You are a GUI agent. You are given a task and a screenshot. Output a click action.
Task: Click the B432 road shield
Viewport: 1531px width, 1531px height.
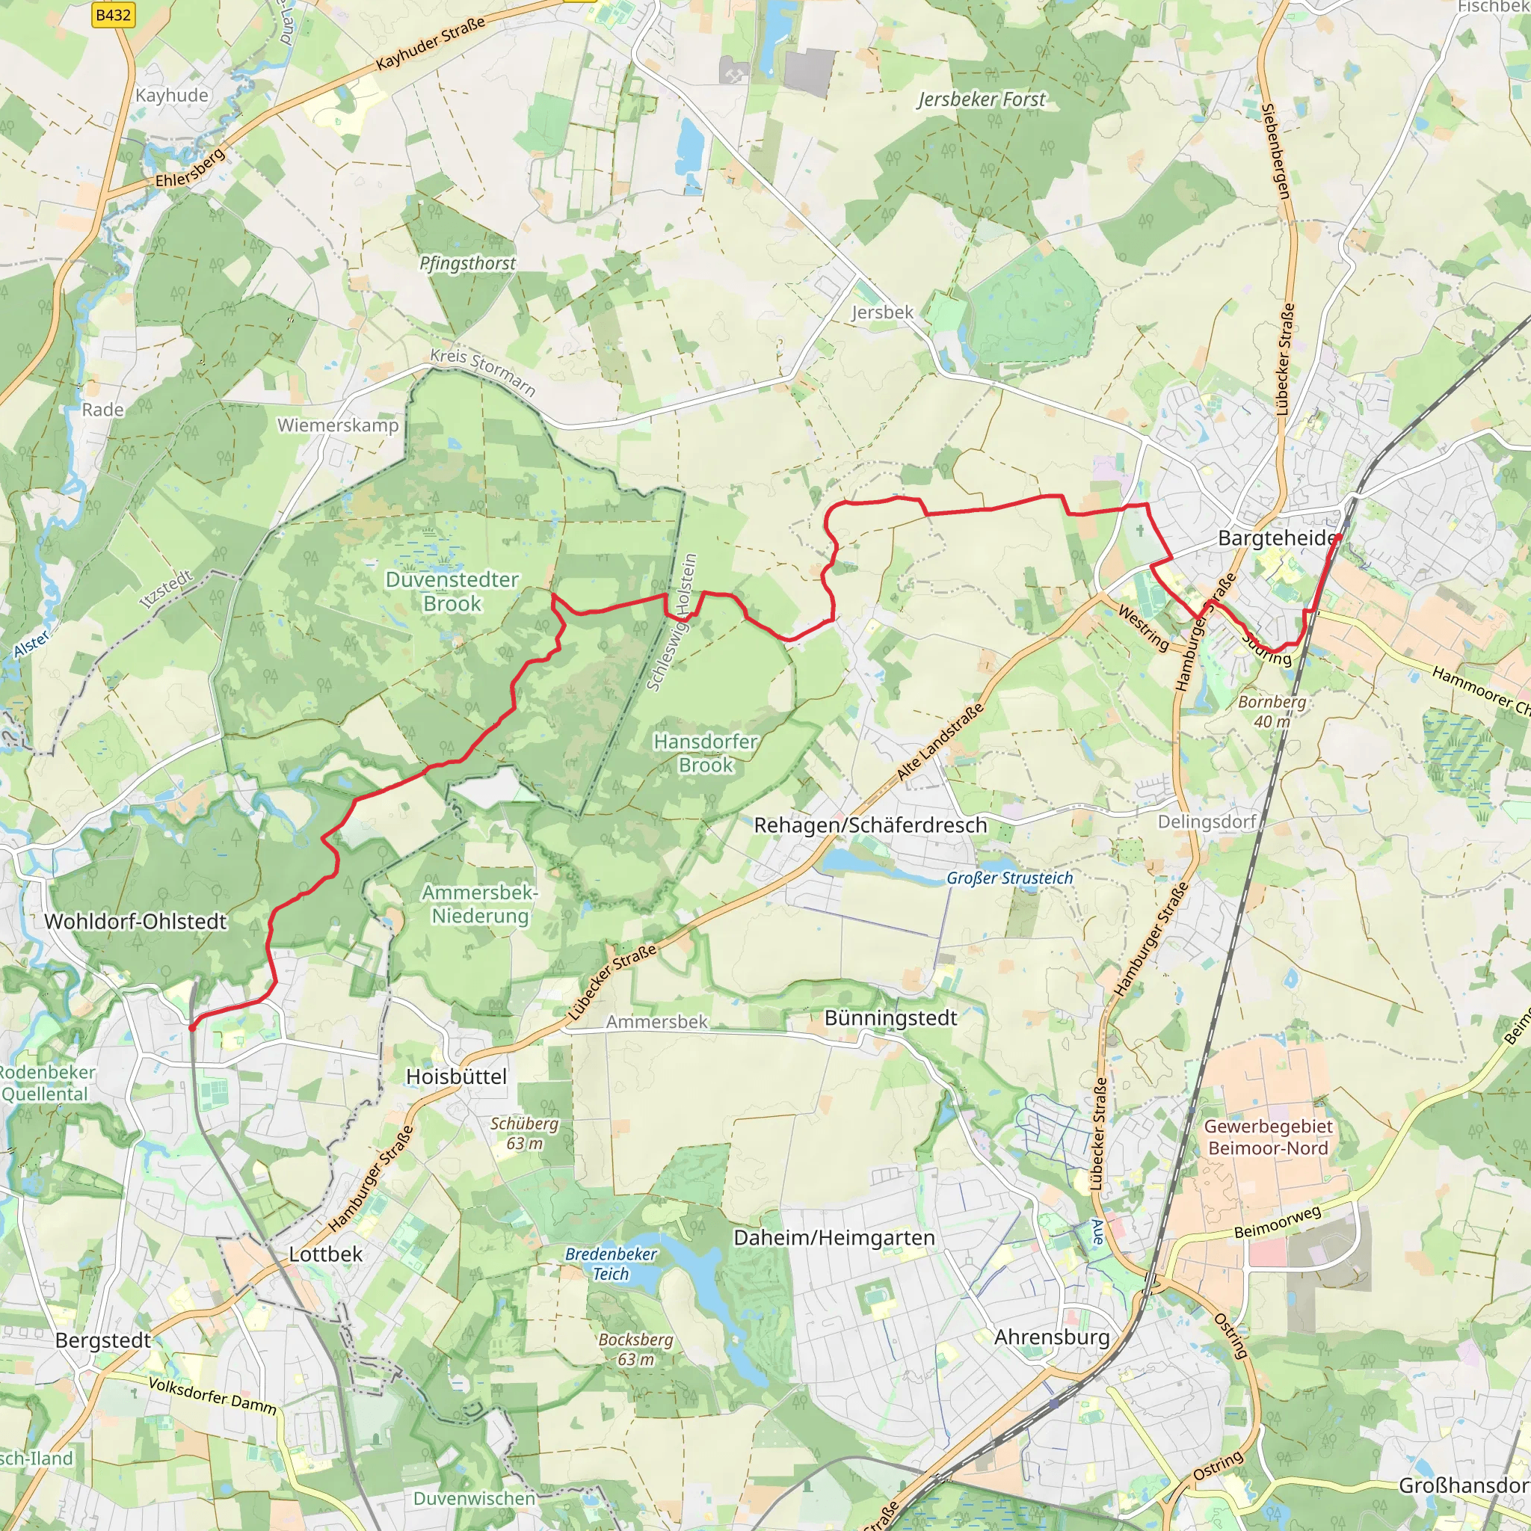pos(113,15)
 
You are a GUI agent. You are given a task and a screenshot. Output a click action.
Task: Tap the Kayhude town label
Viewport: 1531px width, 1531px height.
pos(171,95)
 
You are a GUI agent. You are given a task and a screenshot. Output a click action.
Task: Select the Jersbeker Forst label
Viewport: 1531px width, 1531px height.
pos(982,99)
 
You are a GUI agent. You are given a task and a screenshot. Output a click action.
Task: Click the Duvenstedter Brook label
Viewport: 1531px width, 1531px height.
pos(452,591)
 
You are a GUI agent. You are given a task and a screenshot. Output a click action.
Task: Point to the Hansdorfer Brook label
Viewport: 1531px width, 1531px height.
pos(705,753)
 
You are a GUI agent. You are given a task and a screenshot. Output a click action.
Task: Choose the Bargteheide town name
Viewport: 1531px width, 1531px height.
pos(1277,539)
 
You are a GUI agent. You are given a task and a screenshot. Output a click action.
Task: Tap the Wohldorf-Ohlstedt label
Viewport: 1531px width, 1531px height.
pos(135,922)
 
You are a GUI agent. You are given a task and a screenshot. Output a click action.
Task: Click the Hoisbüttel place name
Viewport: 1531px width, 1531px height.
pos(457,1076)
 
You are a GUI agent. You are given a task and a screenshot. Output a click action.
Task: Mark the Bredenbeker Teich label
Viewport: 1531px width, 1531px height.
pos(610,1264)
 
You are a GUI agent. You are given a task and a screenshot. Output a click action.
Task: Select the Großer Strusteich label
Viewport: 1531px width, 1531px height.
pos(1009,878)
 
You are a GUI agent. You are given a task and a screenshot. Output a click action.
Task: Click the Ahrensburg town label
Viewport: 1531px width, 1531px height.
pos(1052,1337)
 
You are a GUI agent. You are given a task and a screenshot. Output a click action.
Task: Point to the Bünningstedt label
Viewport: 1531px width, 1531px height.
pos(890,1018)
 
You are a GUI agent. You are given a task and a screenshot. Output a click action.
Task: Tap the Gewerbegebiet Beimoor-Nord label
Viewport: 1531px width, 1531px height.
pos(1268,1137)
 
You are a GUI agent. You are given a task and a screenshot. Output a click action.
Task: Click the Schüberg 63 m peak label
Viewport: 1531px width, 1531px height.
pos(524,1133)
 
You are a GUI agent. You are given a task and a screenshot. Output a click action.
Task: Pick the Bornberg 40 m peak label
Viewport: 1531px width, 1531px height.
pos(1272,711)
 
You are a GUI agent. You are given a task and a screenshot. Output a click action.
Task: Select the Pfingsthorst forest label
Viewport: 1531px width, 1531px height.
pos(467,263)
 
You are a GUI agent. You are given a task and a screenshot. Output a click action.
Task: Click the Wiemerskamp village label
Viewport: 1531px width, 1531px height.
pos(339,425)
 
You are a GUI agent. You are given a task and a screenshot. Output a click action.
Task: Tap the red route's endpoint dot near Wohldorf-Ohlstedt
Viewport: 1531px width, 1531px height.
pos(193,1027)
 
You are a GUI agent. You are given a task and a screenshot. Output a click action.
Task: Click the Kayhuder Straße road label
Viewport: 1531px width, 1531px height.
pos(431,43)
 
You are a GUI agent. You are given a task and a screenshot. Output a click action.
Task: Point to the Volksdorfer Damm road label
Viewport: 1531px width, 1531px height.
pos(212,1397)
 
